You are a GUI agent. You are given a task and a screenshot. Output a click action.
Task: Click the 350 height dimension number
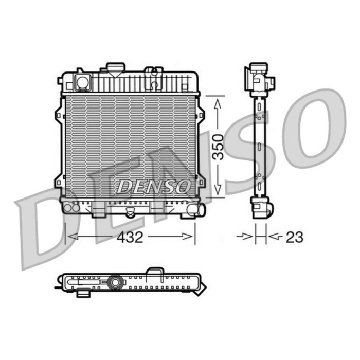click(218, 146)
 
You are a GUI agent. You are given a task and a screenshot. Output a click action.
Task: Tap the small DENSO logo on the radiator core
click(153, 187)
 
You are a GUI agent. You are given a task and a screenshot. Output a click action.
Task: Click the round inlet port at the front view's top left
click(82, 81)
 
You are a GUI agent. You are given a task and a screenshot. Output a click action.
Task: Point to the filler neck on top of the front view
click(115, 68)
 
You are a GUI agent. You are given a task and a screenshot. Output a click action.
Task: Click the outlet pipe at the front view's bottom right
click(196, 209)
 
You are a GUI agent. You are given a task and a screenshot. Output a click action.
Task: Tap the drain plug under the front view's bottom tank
click(131, 213)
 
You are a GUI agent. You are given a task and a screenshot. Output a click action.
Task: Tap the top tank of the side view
click(259, 80)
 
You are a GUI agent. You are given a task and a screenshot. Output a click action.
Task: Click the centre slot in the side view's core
click(259, 147)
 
